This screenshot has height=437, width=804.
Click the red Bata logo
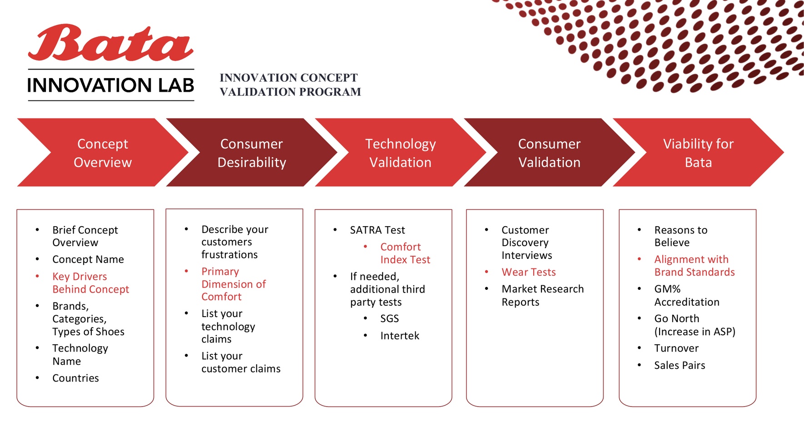click(x=111, y=43)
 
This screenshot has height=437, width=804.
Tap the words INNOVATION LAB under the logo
click(x=111, y=85)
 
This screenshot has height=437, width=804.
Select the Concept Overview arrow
click(x=103, y=153)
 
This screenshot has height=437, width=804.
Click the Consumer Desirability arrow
click(x=252, y=153)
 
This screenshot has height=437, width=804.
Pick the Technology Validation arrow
click(x=400, y=153)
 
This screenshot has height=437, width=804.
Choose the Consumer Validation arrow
click(x=549, y=153)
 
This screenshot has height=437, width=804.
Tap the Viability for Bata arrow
click(x=698, y=153)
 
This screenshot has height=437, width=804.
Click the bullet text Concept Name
click(x=88, y=259)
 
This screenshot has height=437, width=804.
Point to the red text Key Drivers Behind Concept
click(x=90, y=283)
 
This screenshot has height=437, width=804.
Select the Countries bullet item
click(x=75, y=378)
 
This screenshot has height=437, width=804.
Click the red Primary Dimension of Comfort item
click(x=233, y=284)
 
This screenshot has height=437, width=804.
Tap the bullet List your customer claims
click(x=241, y=362)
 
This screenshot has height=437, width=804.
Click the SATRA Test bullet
click(x=377, y=230)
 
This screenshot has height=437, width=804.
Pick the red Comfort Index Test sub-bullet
click(x=405, y=253)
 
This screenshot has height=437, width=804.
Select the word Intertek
click(x=400, y=336)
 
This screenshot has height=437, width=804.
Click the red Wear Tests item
click(x=529, y=272)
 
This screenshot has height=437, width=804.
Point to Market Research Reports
click(x=542, y=295)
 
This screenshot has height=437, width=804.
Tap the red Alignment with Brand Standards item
click(x=694, y=266)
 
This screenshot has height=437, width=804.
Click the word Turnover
click(x=676, y=348)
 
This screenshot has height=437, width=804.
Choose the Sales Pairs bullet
click(x=680, y=365)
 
